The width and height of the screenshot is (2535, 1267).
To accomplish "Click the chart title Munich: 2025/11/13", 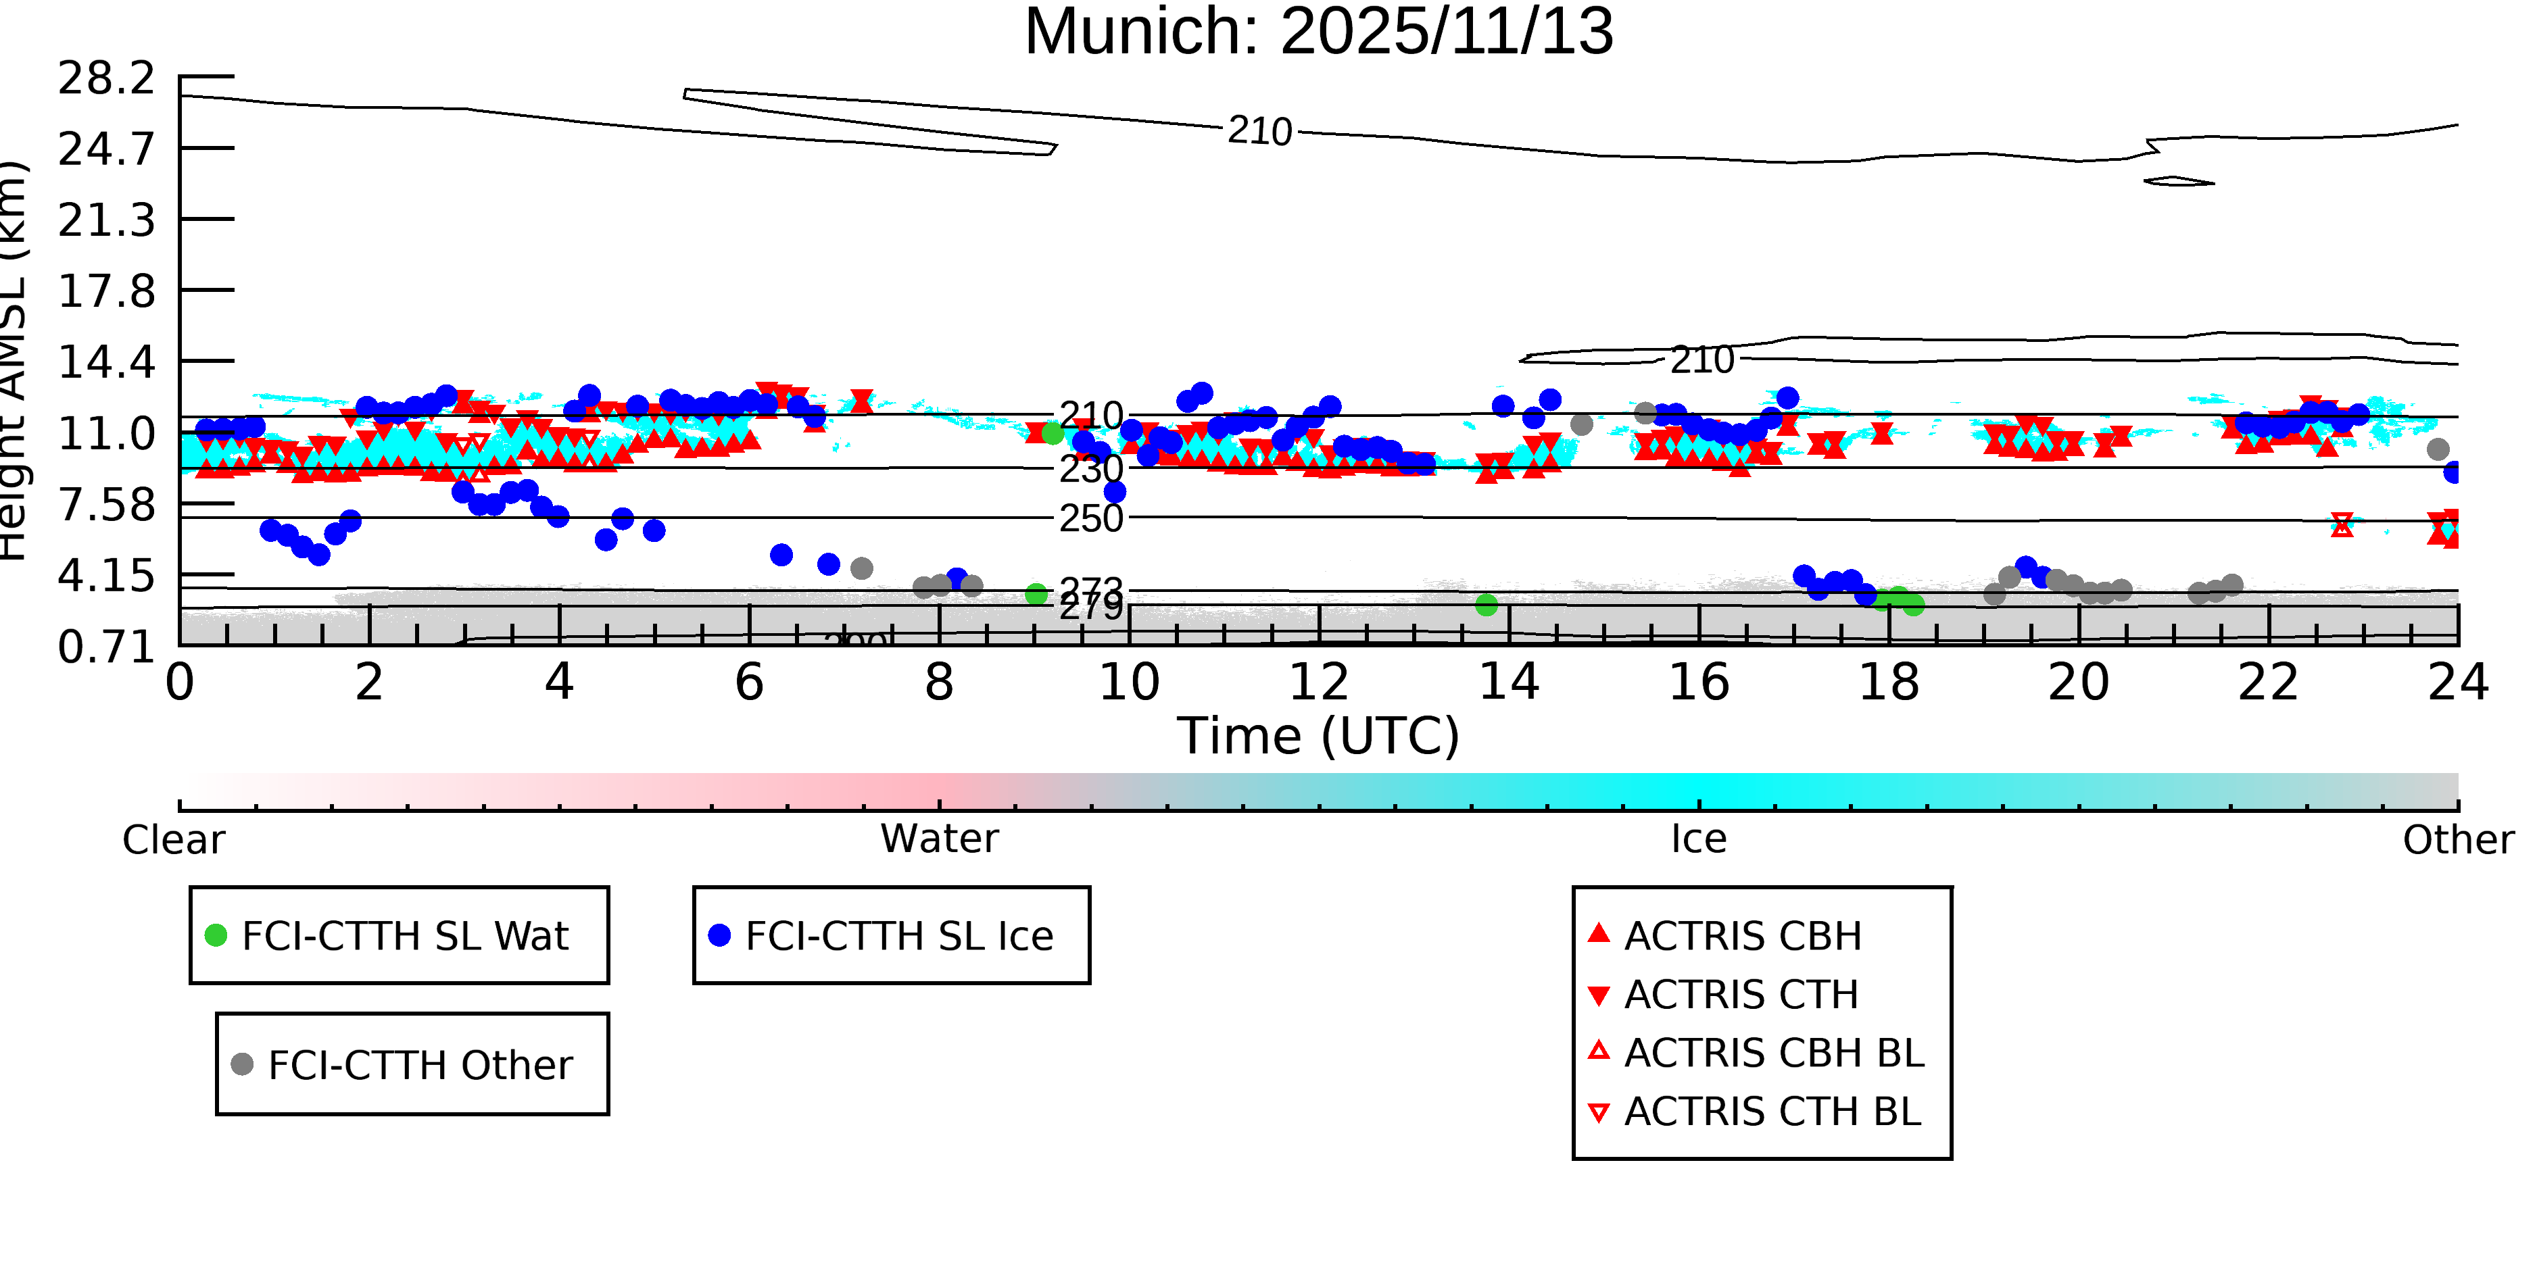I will [1319, 32].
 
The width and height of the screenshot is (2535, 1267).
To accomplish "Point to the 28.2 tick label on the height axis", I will [106, 78].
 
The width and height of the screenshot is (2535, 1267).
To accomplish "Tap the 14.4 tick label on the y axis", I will [106, 362].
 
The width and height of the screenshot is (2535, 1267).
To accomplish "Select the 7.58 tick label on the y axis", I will [106, 505].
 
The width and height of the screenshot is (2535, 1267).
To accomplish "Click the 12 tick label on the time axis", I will [1319, 682].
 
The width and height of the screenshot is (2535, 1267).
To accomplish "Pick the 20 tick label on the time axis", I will [2079, 682].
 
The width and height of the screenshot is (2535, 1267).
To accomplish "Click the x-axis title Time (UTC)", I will [1319, 736].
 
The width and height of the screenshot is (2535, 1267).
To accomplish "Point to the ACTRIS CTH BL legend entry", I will [1771, 1112].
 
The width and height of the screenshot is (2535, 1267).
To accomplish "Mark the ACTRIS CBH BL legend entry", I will [1773, 1053].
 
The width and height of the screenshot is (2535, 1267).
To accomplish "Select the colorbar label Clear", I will [173, 840].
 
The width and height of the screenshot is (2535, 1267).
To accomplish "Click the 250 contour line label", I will [1090, 518].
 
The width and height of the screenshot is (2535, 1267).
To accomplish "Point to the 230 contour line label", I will [1090, 469].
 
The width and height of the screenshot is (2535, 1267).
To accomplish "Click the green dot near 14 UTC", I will [1487, 605].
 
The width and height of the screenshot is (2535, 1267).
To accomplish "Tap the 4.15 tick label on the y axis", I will [106, 576].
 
